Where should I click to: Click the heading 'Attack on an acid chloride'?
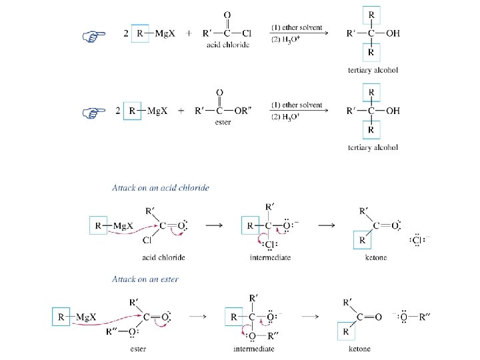(x=160, y=188)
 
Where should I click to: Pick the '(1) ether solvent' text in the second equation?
(x=297, y=105)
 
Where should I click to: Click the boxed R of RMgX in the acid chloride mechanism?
(x=99, y=225)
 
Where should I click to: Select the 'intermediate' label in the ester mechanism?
(x=254, y=349)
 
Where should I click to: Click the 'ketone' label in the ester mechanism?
(x=359, y=349)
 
